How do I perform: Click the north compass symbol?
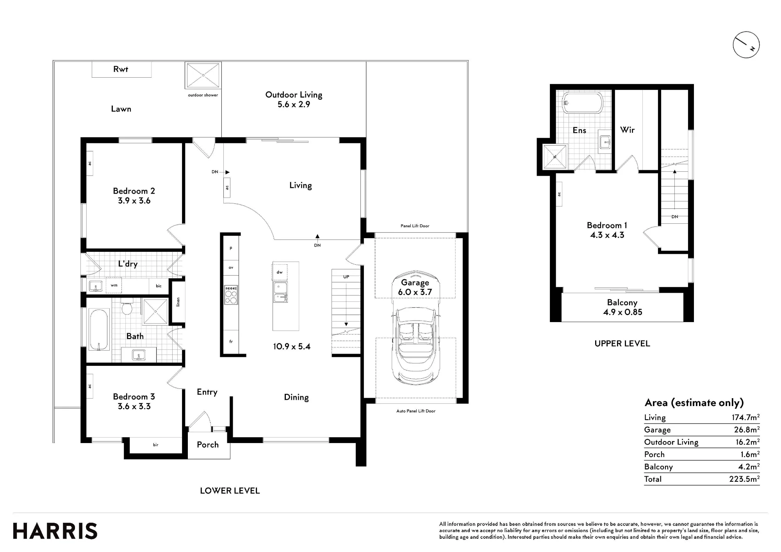tap(746, 45)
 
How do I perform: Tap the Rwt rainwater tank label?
tap(121, 69)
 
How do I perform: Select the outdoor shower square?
tap(203, 75)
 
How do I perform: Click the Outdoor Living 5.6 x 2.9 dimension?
tap(294, 105)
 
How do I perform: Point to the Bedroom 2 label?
tap(134, 191)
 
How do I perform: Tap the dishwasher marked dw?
tap(280, 272)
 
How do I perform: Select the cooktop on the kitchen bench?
tap(231, 295)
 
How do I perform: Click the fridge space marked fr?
tap(231, 342)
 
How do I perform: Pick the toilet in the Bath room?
tap(127, 306)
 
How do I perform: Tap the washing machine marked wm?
tap(114, 285)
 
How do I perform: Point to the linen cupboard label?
tap(178, 302)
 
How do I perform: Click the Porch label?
tap(208, 445)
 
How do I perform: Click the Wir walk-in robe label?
tap(627, 130)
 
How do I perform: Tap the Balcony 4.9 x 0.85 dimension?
tap(622, 312)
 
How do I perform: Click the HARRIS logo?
tap(55, 531)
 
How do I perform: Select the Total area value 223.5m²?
tap(744, 479)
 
